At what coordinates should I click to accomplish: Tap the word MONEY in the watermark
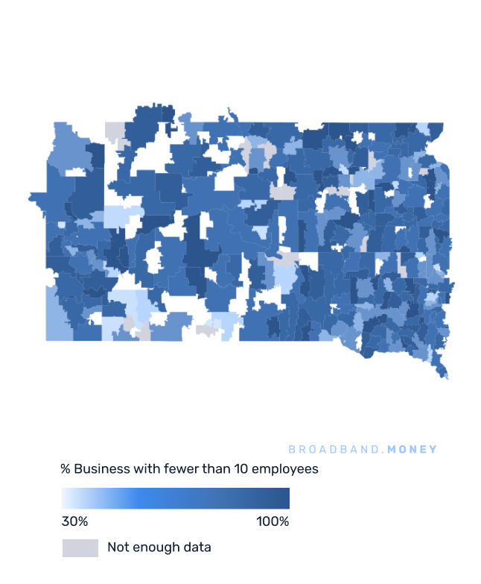tap(412, 450)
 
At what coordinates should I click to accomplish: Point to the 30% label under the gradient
tap(74, 521)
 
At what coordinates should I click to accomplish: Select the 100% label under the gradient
tap(273, 521)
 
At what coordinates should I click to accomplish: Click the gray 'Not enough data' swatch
tap(80, 547)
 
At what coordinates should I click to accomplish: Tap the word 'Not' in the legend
tap(118, 547)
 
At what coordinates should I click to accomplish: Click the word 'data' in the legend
tap(197, 547)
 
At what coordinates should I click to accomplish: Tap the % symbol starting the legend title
tap(66, 469)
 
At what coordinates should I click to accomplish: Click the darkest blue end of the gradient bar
tap(286, 498)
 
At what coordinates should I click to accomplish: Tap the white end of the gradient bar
tap(65, 498)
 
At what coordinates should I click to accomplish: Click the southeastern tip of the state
tap(445, 376)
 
